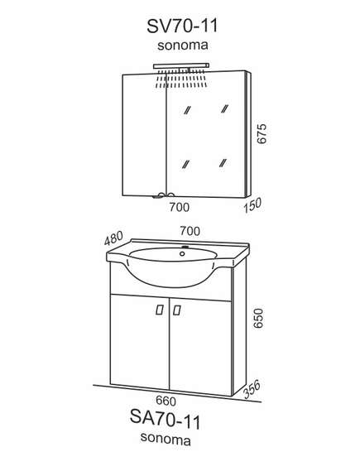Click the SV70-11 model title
(182, 26)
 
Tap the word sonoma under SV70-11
(183, 46)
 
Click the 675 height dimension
(262, 133)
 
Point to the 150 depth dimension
(252, 205)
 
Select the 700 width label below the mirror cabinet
(180, 207)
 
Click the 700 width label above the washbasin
(190, 231)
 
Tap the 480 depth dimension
(114, 238)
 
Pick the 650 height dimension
(258, 318)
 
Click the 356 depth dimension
(252, 389)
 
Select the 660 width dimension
(166, 401)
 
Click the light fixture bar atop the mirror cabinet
(181, 66)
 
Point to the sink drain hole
(182, 254)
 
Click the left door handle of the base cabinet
(160, 310)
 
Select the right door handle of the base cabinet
(177, 310)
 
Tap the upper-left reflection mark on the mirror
(187, 110)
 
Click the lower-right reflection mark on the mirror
(223, 163)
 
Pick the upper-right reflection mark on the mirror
(224, 108)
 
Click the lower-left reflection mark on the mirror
(186, 164)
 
